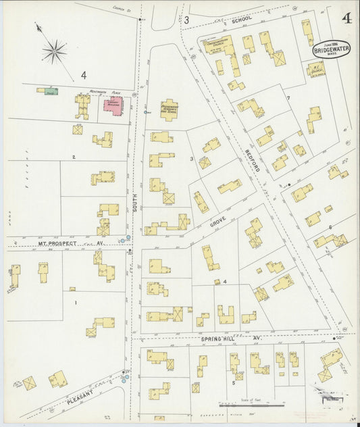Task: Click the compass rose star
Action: [55, 51]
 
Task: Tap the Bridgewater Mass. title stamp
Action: [328, 49]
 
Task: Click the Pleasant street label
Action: [84, 399]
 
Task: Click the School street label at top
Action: [241, 20]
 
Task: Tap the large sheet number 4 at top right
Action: [346, 18]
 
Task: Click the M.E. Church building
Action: [315, 69]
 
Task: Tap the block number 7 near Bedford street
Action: [288, 99]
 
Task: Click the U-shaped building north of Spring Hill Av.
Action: [225, 314]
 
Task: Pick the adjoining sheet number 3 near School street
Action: [186, 21]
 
